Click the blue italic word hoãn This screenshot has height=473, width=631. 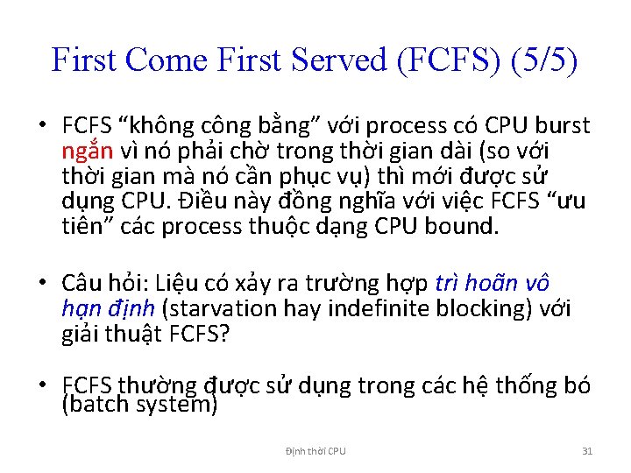(499, 284)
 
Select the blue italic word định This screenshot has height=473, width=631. (132, 308)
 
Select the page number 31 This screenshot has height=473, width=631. (587, 451)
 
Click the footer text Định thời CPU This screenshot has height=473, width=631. (315, 451)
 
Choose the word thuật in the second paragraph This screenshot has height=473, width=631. (133, 334)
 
